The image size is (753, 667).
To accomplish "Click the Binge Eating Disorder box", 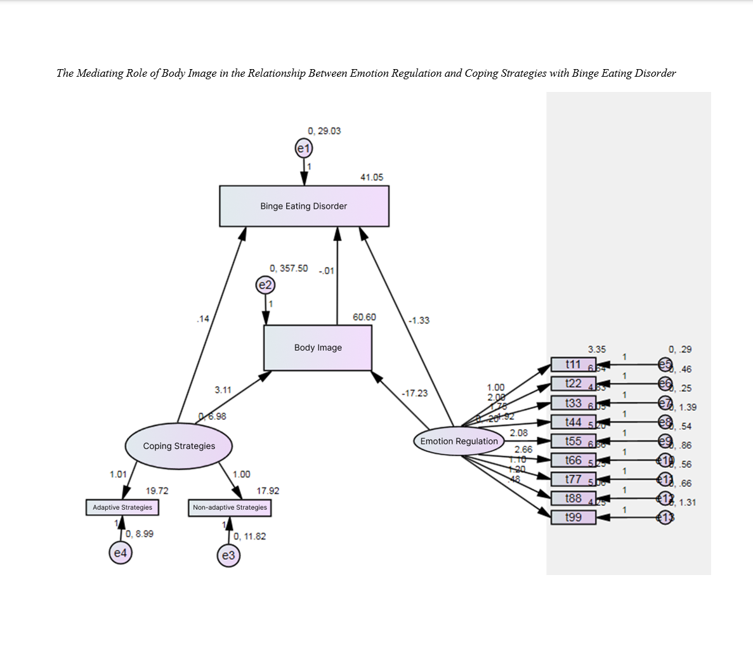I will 304,206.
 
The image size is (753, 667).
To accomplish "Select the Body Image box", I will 318,347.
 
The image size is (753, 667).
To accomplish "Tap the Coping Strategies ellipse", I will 179,446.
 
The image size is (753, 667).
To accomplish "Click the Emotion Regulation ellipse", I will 459,441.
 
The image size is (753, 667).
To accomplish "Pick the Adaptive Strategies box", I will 122,507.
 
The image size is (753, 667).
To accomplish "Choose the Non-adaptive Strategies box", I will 230,507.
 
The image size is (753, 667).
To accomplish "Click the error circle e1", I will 304,149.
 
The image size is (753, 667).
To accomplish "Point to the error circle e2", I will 265,285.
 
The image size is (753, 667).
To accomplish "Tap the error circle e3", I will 228,556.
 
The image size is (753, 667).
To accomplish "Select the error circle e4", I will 121,553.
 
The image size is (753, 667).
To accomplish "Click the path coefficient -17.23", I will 414,393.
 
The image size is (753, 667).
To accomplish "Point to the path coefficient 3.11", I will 223,390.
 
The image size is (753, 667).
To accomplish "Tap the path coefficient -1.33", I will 419,320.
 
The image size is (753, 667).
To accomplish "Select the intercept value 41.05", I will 372,178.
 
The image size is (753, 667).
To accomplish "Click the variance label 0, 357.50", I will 289,268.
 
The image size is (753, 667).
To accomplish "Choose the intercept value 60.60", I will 364,317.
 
